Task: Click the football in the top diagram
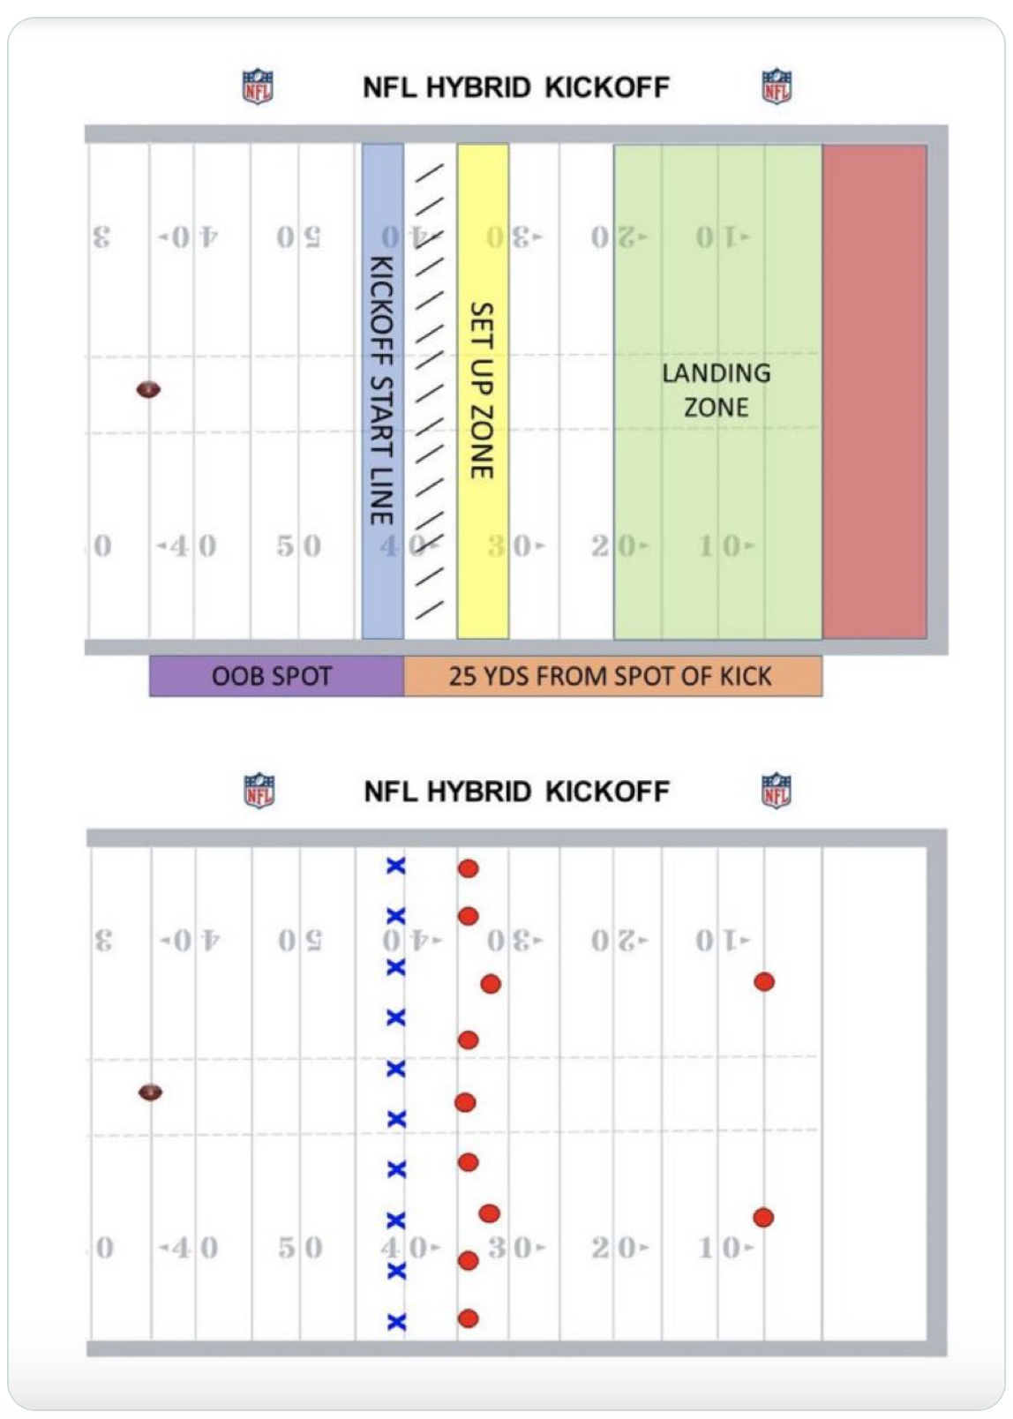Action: (x=148, y=389)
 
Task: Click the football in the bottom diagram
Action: (x=151, y=1092)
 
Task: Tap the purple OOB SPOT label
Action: (x=272, y=676)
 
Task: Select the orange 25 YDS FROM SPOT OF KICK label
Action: (x=611, y=676)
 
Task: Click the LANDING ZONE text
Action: (x=717, y=390)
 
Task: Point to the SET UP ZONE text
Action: (x=482, y=390)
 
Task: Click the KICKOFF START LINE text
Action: (x=381, y=390)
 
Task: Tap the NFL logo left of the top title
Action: (x=258, y=86)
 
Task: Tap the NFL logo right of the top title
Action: (x=777, y=86)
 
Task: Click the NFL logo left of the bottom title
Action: (x=259, y=791)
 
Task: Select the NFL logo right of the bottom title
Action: (x=777, y=791)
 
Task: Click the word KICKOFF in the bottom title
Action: (x=607, y=792)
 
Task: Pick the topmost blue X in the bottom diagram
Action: (x=396, y=866)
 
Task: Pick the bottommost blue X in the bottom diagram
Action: (x=396, y=1321)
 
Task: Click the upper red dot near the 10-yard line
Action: (x=764, y=981)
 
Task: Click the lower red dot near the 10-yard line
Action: (x=763, y=1218)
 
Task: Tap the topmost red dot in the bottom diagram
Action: (x=469, y=868)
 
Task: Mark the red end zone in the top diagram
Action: (x=874, y=390)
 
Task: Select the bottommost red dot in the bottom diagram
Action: (x=469, y=1318)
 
